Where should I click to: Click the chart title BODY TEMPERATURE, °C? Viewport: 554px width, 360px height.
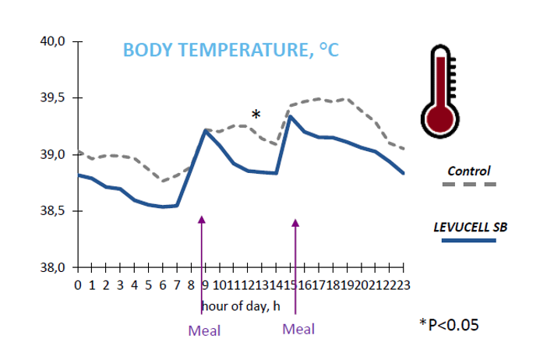click(231, 51)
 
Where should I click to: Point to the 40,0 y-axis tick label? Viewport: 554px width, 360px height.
click(52, 41)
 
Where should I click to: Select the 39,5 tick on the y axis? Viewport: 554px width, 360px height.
click(52, 98)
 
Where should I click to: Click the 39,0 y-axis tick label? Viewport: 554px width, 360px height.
click(52, 154)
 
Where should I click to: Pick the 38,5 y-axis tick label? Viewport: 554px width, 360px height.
click(52, 211)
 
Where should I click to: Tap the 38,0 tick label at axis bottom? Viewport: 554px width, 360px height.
click(52, 268)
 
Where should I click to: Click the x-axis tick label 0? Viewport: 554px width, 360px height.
click(78, 285)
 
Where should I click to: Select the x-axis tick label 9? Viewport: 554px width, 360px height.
click(205, 285)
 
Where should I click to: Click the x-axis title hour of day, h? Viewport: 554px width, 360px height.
click(240, 305)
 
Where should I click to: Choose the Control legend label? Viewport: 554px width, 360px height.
click(469, 170)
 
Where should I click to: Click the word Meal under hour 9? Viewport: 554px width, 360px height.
click(204, 330)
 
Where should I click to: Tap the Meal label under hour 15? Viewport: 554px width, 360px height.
click(298, 329)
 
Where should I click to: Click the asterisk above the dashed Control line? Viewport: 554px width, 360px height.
click(256, 115)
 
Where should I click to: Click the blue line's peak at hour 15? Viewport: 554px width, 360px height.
click(290, 117)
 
